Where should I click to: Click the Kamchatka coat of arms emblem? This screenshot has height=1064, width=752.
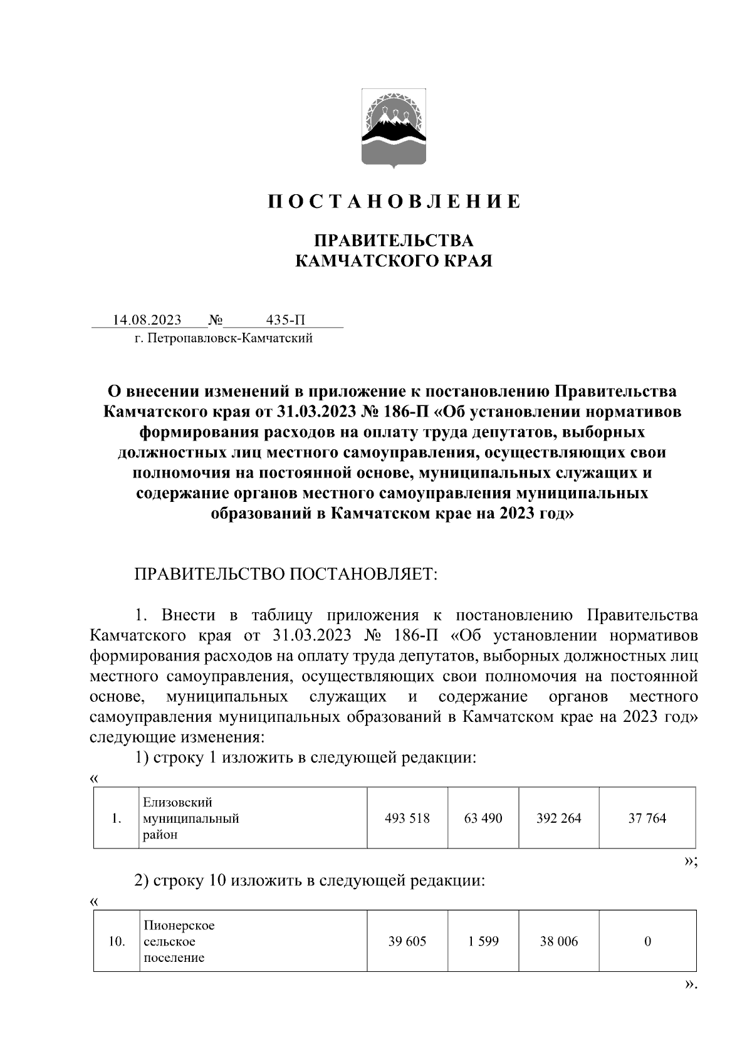point(394,128)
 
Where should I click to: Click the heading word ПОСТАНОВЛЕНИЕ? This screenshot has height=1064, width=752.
point(394,202)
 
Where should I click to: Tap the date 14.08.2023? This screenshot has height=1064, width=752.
point(147,320)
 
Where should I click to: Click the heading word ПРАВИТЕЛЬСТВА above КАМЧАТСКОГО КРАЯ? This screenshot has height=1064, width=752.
point(394,241)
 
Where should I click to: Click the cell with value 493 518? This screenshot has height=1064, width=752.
point(407,818)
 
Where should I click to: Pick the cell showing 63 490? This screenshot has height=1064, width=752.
point(483,818)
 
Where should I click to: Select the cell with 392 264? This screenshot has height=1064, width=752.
point(559,818)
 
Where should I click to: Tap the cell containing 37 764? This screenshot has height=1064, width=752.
point(647,818)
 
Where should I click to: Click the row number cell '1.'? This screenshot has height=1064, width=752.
point(116,818)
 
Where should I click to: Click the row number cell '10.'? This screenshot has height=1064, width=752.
point(117,941)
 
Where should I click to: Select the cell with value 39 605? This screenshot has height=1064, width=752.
point(407,941)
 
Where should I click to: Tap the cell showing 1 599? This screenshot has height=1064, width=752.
point(483,941)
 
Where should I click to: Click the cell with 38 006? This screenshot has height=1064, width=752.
point(559,941)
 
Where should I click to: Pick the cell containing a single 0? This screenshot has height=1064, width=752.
point(647,941)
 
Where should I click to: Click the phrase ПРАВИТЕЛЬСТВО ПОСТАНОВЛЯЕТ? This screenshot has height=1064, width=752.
point(286,575)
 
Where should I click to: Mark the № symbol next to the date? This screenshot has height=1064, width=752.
point(215,320)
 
